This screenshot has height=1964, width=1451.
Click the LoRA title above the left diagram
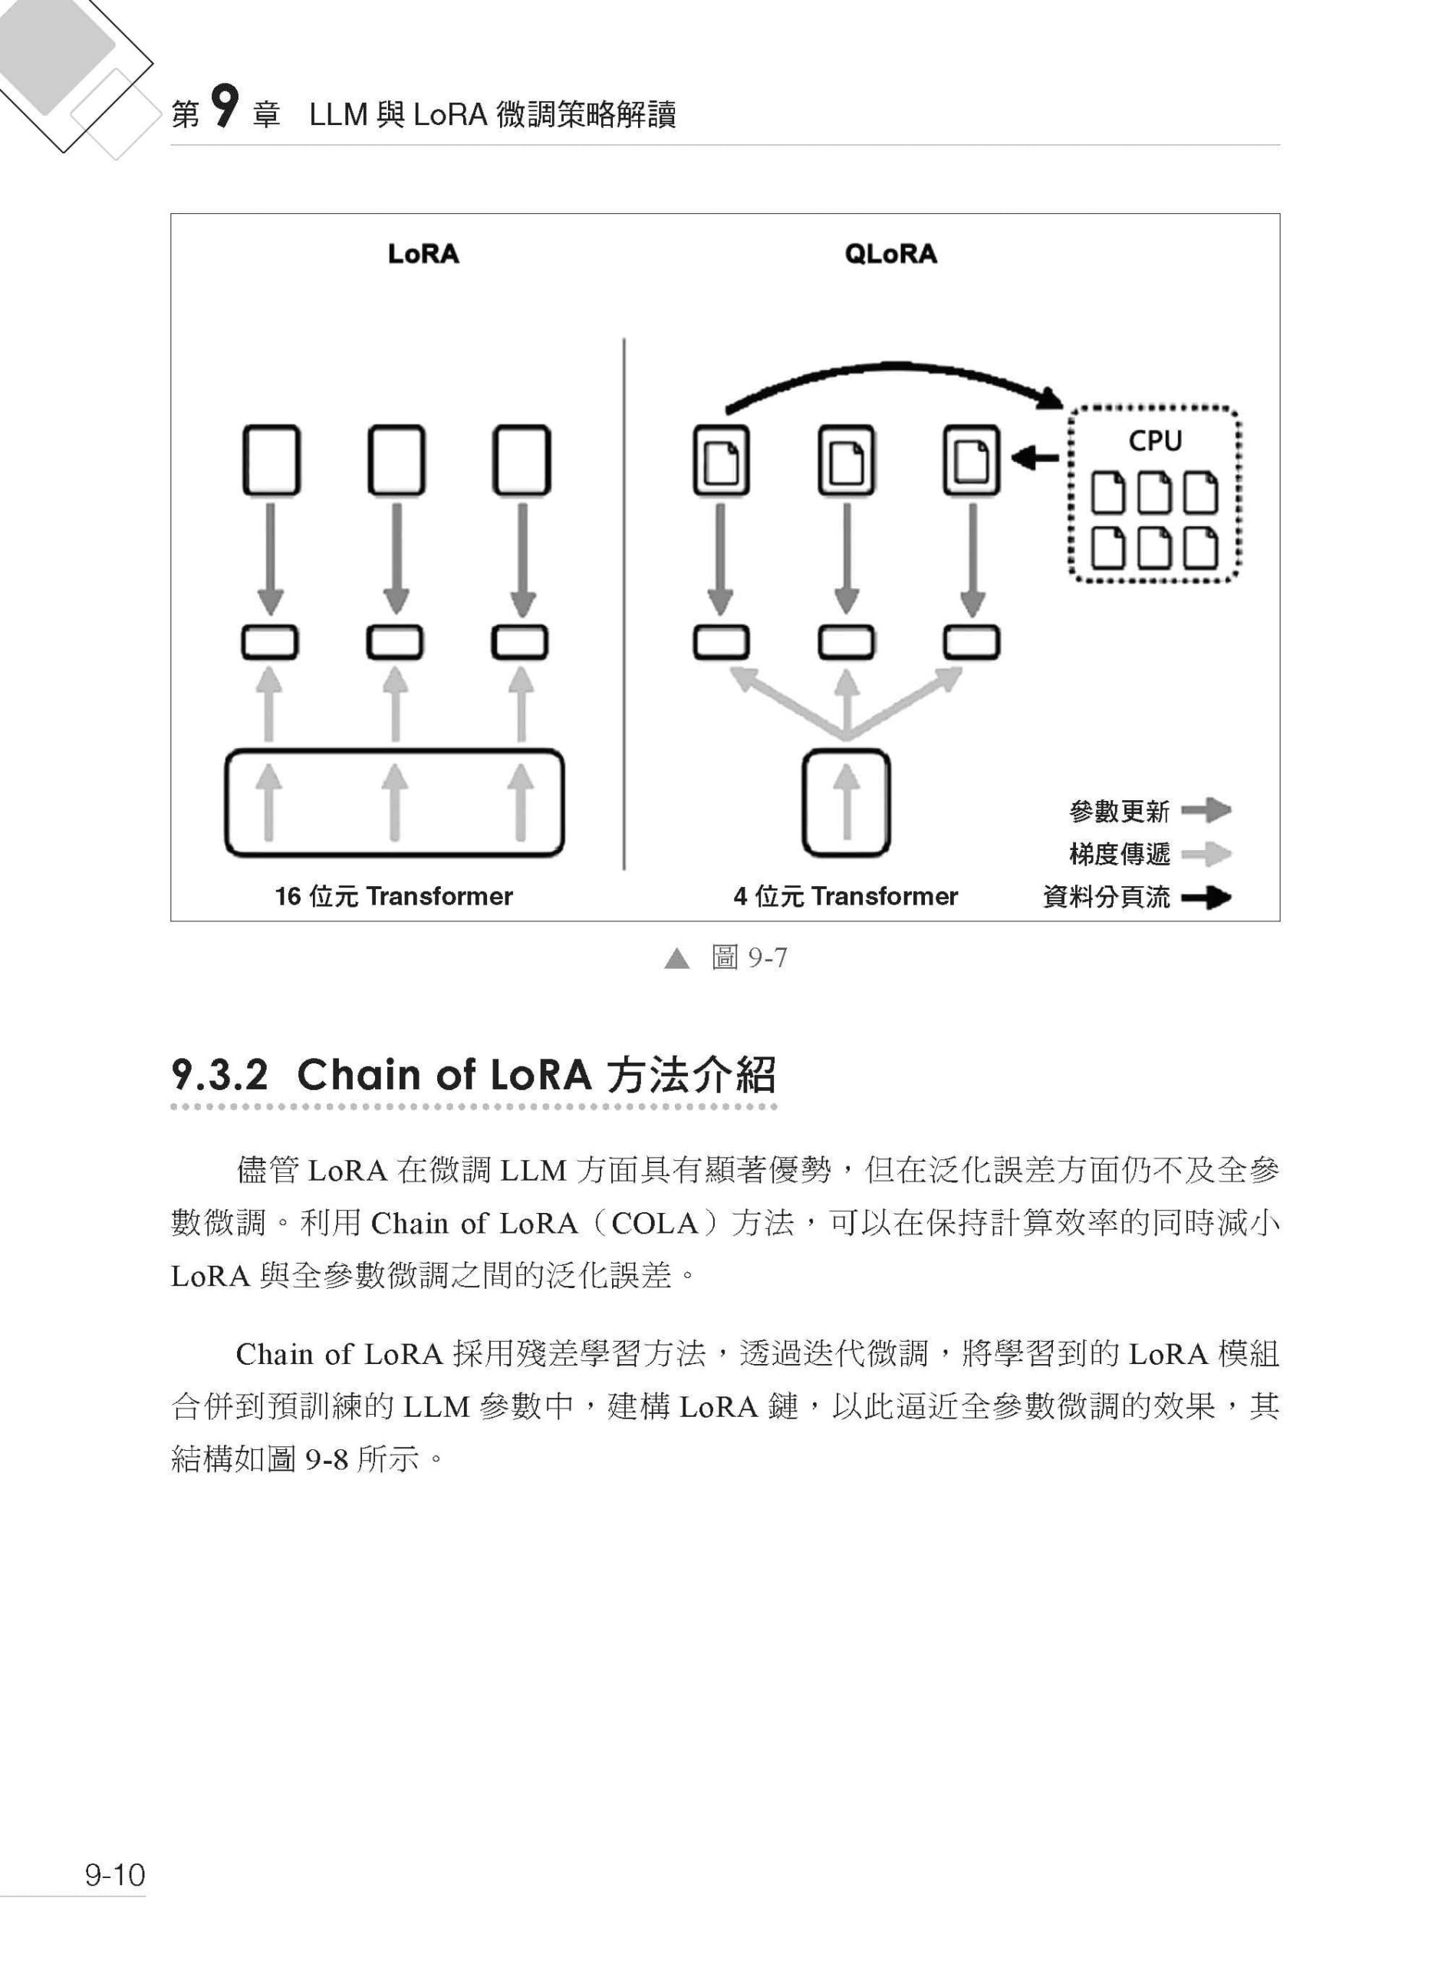423,254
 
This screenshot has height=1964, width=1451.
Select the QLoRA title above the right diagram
890,254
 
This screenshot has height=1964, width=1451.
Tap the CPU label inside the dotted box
1155,440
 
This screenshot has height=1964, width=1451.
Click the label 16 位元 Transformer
393,896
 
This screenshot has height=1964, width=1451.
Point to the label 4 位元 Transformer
846,896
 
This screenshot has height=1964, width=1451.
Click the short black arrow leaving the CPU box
1035,458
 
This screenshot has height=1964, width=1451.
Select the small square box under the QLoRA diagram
846,802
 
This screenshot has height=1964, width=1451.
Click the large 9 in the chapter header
225,107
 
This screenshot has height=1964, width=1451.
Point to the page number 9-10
115,1874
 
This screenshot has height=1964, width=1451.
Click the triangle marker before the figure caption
677,958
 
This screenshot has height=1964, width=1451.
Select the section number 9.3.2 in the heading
219,1075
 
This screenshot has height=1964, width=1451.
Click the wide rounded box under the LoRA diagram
394,750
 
